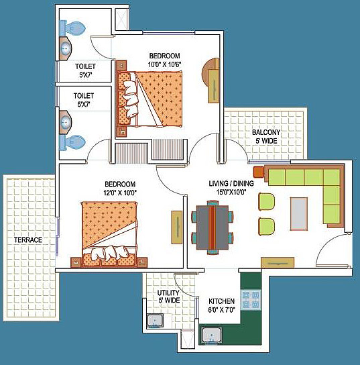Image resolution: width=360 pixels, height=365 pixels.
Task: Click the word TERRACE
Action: (28, 240)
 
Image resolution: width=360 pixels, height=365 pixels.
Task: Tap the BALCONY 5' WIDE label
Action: (266, 136)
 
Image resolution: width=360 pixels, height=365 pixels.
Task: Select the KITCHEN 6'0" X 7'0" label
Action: (222, 305)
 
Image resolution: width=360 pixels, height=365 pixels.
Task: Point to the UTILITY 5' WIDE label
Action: (169, 297)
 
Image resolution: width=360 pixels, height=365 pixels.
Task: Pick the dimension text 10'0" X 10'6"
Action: (165, 64)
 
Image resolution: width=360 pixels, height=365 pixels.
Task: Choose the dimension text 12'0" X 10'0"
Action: (120, 193)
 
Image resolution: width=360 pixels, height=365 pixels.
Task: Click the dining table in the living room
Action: (213, 227)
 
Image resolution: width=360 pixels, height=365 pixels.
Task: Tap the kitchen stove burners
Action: (251, 300)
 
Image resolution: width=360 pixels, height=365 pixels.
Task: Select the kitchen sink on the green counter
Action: (211, 335)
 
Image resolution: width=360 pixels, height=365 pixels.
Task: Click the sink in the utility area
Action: (155, 321)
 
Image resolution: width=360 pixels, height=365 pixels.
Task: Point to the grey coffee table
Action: (299, 214)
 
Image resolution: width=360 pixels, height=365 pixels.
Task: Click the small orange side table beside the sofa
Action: (259, 172)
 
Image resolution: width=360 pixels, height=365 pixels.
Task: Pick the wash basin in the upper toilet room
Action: (65, 49)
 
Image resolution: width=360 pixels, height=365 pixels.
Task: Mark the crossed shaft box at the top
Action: (121, 19)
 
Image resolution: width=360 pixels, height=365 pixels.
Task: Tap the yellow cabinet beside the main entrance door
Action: (278, 262)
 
